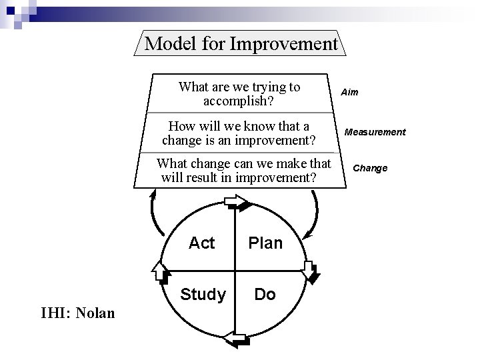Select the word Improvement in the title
pyautogui.click(x=284, y=44)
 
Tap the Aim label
pyautogui.click(x=350, y=93)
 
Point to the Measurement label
pyautogui.click(x=375, y=132)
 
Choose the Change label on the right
pyautogui.click(x=370, y=168)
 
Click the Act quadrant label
pyautogui.click(x=201, y=243)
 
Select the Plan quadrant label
pyautogui.click(x=265, y=243)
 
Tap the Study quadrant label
pyautogui.click(x=203, y=294)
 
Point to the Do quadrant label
pyautogui.click(x=265, y=294)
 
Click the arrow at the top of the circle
pyautogui.click(x=235, y=201)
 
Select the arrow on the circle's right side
pyautogui.click(x=311, y=271)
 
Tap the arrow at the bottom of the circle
pyautogui.click(x=235, y=341)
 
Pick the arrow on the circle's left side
pyautogui.click(x=159, y=271)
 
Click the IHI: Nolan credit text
pyautogui.click(x=78, y=311)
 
